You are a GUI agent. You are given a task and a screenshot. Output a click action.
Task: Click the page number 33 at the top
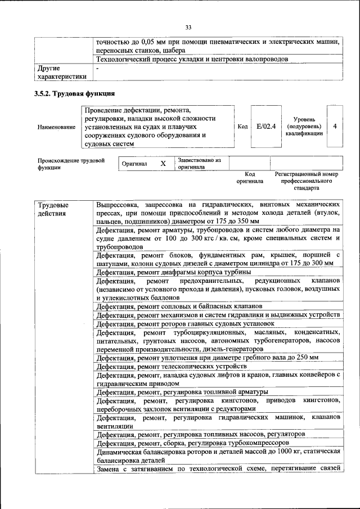pos(188,27)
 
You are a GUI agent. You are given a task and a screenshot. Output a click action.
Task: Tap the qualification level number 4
pos(335,127)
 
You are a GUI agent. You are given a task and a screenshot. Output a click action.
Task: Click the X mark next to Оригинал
pos(163,164)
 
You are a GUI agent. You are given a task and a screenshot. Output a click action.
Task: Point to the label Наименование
pos(57,127)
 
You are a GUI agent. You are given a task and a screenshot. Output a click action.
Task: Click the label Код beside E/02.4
pos(243,127)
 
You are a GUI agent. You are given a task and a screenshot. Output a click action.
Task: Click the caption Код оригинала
pos(246,178)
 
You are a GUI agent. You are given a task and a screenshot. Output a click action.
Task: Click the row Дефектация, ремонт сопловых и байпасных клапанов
pos(183,307)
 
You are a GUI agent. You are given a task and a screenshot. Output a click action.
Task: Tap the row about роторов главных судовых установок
pos(185,324)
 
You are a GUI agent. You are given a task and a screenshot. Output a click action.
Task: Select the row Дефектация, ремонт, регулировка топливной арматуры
pos(182,391)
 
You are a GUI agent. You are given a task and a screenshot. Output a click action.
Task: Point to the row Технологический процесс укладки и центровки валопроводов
pos(192,59)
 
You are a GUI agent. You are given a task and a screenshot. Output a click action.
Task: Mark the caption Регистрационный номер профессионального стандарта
pos(307,181)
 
